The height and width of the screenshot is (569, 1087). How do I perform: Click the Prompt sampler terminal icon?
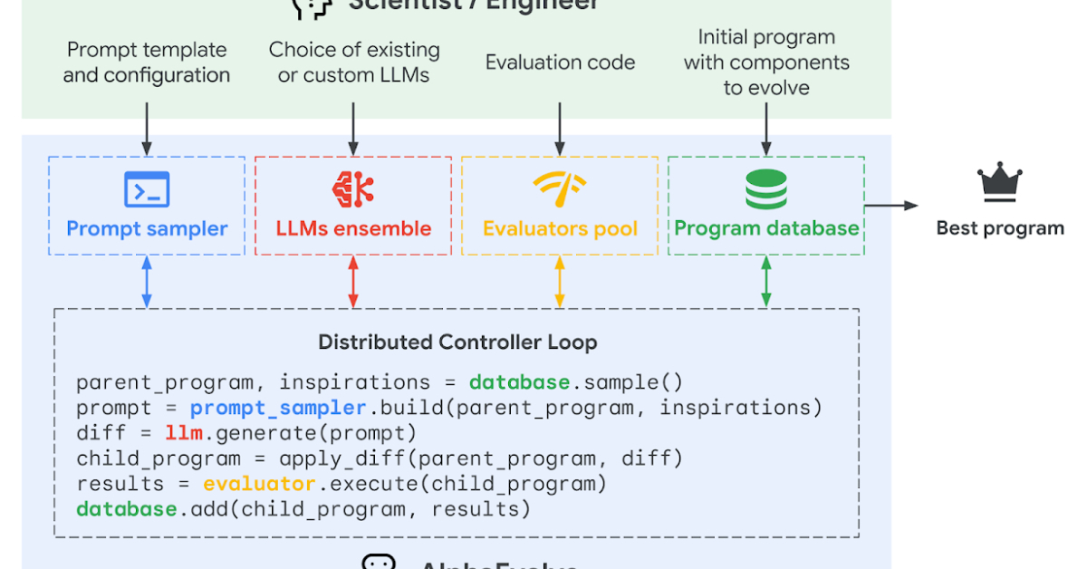(147, 189)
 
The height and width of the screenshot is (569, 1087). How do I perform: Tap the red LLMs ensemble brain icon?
(353, 188)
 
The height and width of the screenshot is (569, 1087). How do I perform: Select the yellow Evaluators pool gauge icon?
(560, 188)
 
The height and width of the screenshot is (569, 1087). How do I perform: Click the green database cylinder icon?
(766, 188)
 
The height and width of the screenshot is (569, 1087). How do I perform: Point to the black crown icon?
(1000, 184)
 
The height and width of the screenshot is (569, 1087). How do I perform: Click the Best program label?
(1000, 228)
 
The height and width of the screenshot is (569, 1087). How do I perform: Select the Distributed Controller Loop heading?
(457, 342)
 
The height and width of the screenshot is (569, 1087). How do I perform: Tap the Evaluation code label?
(560, 63)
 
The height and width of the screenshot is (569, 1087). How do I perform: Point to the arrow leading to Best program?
(891, 206)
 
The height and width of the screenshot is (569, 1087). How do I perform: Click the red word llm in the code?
(184, 433)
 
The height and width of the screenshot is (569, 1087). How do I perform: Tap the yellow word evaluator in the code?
(259, 484)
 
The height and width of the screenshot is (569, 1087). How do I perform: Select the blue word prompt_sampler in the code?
(278, 408)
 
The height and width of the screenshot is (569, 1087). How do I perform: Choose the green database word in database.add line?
(126, 509)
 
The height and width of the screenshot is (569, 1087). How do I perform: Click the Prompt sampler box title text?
(147, 228)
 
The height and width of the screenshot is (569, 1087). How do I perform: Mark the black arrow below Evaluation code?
(560, 127)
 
